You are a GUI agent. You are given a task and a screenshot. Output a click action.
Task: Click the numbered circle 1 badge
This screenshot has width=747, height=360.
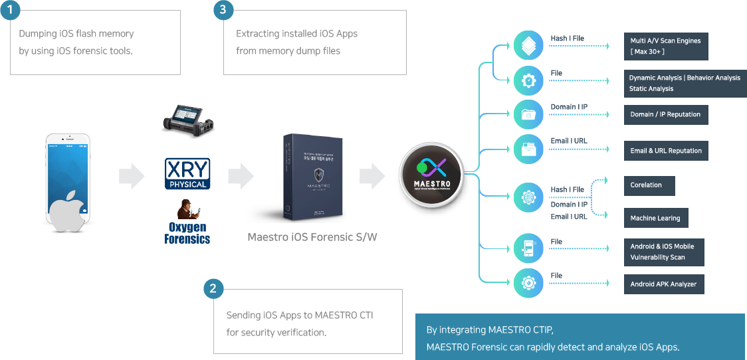click(10, 11)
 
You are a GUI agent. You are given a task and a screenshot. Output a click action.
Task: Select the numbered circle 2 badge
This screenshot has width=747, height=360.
click(213, 288)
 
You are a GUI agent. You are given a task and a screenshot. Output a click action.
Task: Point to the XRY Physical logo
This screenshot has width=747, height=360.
click(187, 173)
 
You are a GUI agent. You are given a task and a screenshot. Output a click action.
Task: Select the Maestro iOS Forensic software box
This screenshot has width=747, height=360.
click(312, 178)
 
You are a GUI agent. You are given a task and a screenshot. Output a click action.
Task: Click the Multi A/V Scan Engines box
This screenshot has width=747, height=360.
click(665, 46)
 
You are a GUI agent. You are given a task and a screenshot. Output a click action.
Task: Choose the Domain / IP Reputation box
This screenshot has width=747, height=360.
click(665, 114)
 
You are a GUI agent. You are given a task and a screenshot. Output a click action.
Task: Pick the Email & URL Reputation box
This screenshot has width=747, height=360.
click(665, 151)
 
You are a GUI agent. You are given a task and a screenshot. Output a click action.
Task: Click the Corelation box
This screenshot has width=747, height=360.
click(649, 185)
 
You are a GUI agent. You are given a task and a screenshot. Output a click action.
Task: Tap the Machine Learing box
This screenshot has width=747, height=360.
click(655, 218)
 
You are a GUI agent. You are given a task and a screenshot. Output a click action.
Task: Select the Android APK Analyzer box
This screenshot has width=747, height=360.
click(663, 284)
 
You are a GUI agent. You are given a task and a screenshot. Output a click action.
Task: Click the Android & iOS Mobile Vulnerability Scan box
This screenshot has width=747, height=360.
click(663, 252)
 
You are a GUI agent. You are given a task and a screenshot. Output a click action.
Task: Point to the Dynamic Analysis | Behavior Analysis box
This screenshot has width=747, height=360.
click(685, 83)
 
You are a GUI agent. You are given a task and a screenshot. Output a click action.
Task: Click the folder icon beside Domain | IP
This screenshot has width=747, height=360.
click(529, 113)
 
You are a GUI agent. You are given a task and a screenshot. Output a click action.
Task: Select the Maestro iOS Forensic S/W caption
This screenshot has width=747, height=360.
click(312, 237)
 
